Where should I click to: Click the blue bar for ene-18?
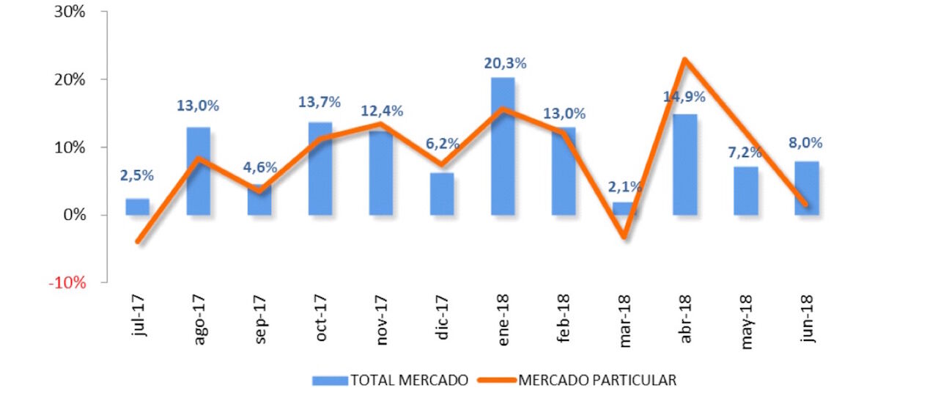503,147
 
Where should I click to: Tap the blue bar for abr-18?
684,165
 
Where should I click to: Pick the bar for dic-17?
441,194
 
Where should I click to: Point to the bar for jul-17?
137,207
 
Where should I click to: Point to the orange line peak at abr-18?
684,59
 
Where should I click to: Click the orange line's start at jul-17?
138,241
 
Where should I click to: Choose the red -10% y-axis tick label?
67,283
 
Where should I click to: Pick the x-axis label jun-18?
808,320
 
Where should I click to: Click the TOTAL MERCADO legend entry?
390,380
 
